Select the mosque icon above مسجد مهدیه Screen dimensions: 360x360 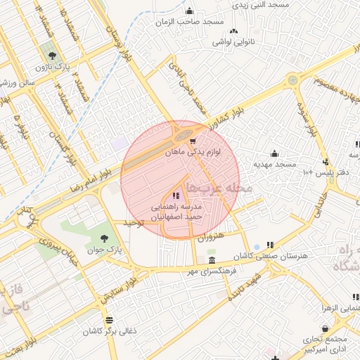click(x=274, y=153)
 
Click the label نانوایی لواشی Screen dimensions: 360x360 click(x=233, y=42)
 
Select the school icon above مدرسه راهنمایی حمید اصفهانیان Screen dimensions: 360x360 click(x=175, y=194)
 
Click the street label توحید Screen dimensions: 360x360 click(x=133, y=223)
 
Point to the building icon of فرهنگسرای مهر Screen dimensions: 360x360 click(x=212, y=260)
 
